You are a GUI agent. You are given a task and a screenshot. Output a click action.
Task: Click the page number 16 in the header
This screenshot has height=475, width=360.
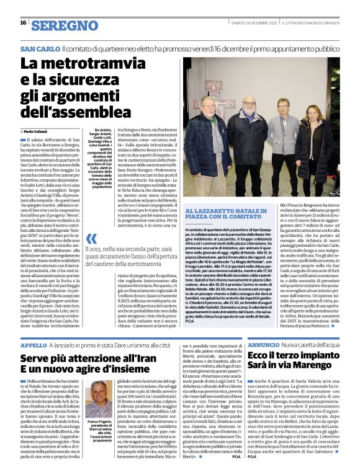tap(23, 23)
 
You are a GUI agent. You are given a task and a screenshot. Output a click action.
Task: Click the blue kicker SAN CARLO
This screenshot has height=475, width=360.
tap(40, 49)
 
